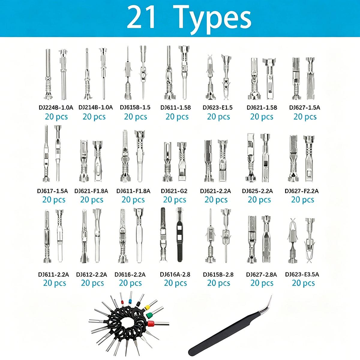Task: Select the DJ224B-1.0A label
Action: click(56, 107)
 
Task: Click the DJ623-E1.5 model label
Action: click(217, 107)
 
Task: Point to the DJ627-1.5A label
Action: click(304, 107)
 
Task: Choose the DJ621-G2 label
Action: click(174, 191)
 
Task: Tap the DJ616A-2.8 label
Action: click(175, 274)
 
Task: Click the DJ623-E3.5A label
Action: click(302, 274)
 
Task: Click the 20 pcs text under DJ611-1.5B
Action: click(177, 117)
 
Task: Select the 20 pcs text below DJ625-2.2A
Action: click(259, 199)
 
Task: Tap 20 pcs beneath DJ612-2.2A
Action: click(92, 283)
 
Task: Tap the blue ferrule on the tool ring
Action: click(130, 301)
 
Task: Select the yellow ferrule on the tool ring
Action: click(147, 307)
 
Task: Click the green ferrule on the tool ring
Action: click(149, 315)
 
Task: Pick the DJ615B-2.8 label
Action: click(218, 274)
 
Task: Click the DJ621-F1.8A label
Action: click(91, 191)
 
